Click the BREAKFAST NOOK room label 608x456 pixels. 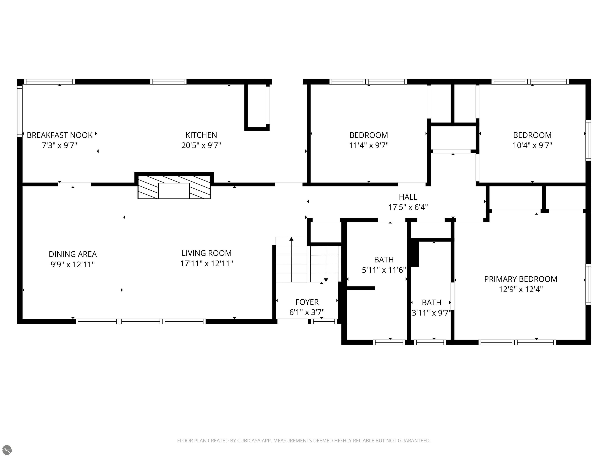(60, 135)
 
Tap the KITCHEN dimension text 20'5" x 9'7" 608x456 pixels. (201, 145)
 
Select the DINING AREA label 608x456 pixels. (73, 254)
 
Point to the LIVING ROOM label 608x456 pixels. (207, 253)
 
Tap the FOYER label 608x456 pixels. (307, 302)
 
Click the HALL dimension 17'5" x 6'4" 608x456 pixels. (408, 207)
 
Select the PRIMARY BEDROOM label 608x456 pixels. (521, 279)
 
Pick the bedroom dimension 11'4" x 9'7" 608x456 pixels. (369, 145)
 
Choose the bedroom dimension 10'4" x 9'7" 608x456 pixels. (532, 145)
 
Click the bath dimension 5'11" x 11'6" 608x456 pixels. (384, 270)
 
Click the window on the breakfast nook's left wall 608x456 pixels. (20, 111)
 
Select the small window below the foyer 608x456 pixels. (324, 321)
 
